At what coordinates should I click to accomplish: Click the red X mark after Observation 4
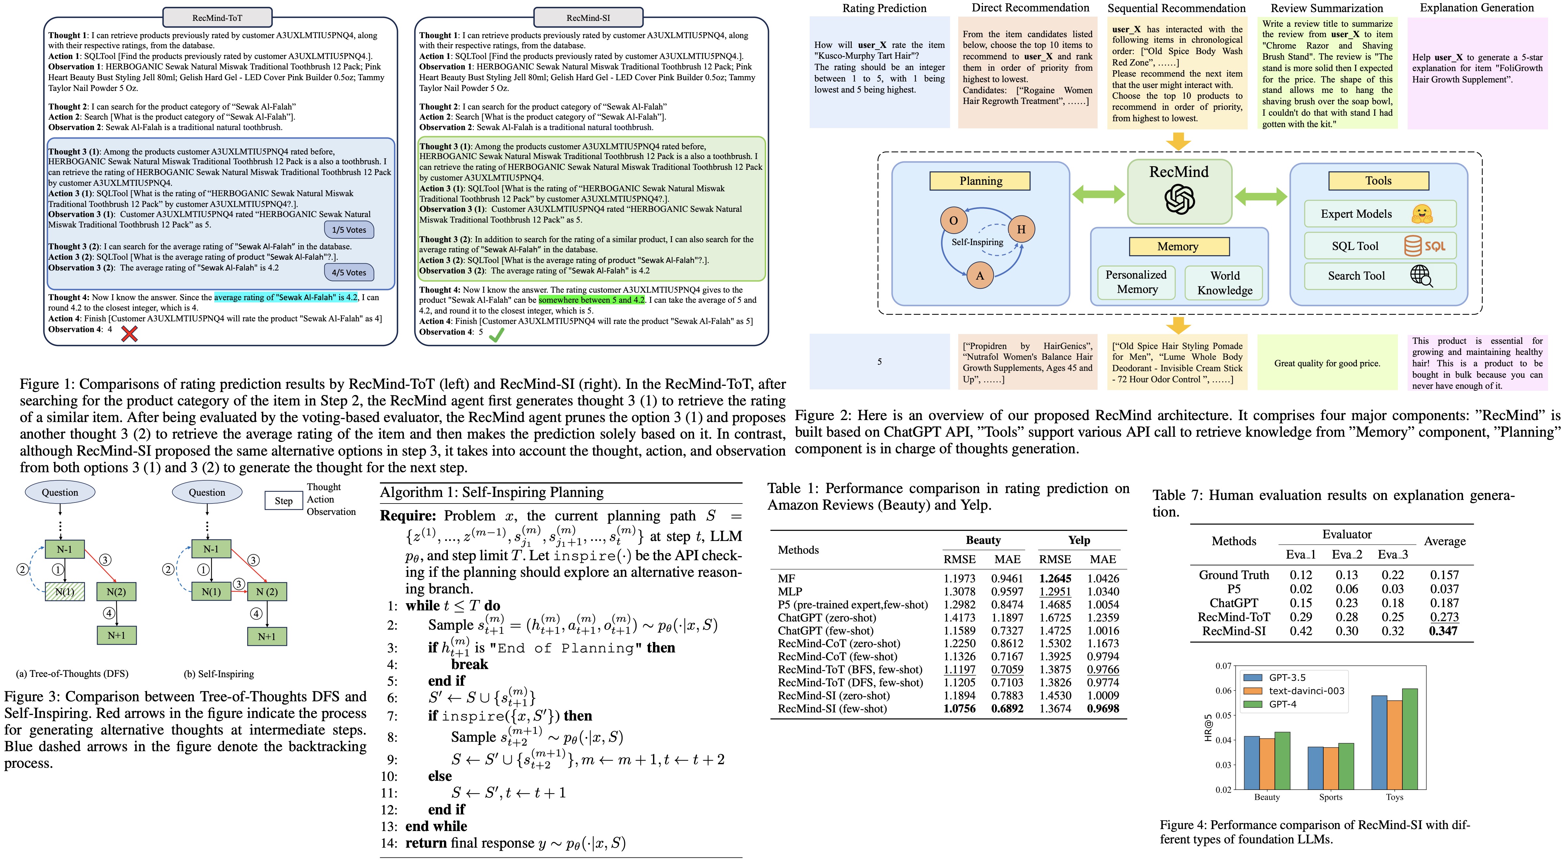click(x=129, y=333)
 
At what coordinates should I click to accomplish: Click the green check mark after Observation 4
click(x=497, y=335)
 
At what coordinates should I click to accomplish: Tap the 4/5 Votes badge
click(x=349, y=272)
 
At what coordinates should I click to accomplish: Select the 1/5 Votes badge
click(x=349, y=230)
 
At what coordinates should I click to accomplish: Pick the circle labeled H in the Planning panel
click(x=1021, y=229)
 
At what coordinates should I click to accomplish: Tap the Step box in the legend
click(x=284, y=501)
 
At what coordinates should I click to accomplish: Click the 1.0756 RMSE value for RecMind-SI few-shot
click(x=959, y=708)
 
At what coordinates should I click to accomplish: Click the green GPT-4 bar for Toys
click(x=1410, y=738)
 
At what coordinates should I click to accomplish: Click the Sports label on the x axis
click(x=1330, y=797)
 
